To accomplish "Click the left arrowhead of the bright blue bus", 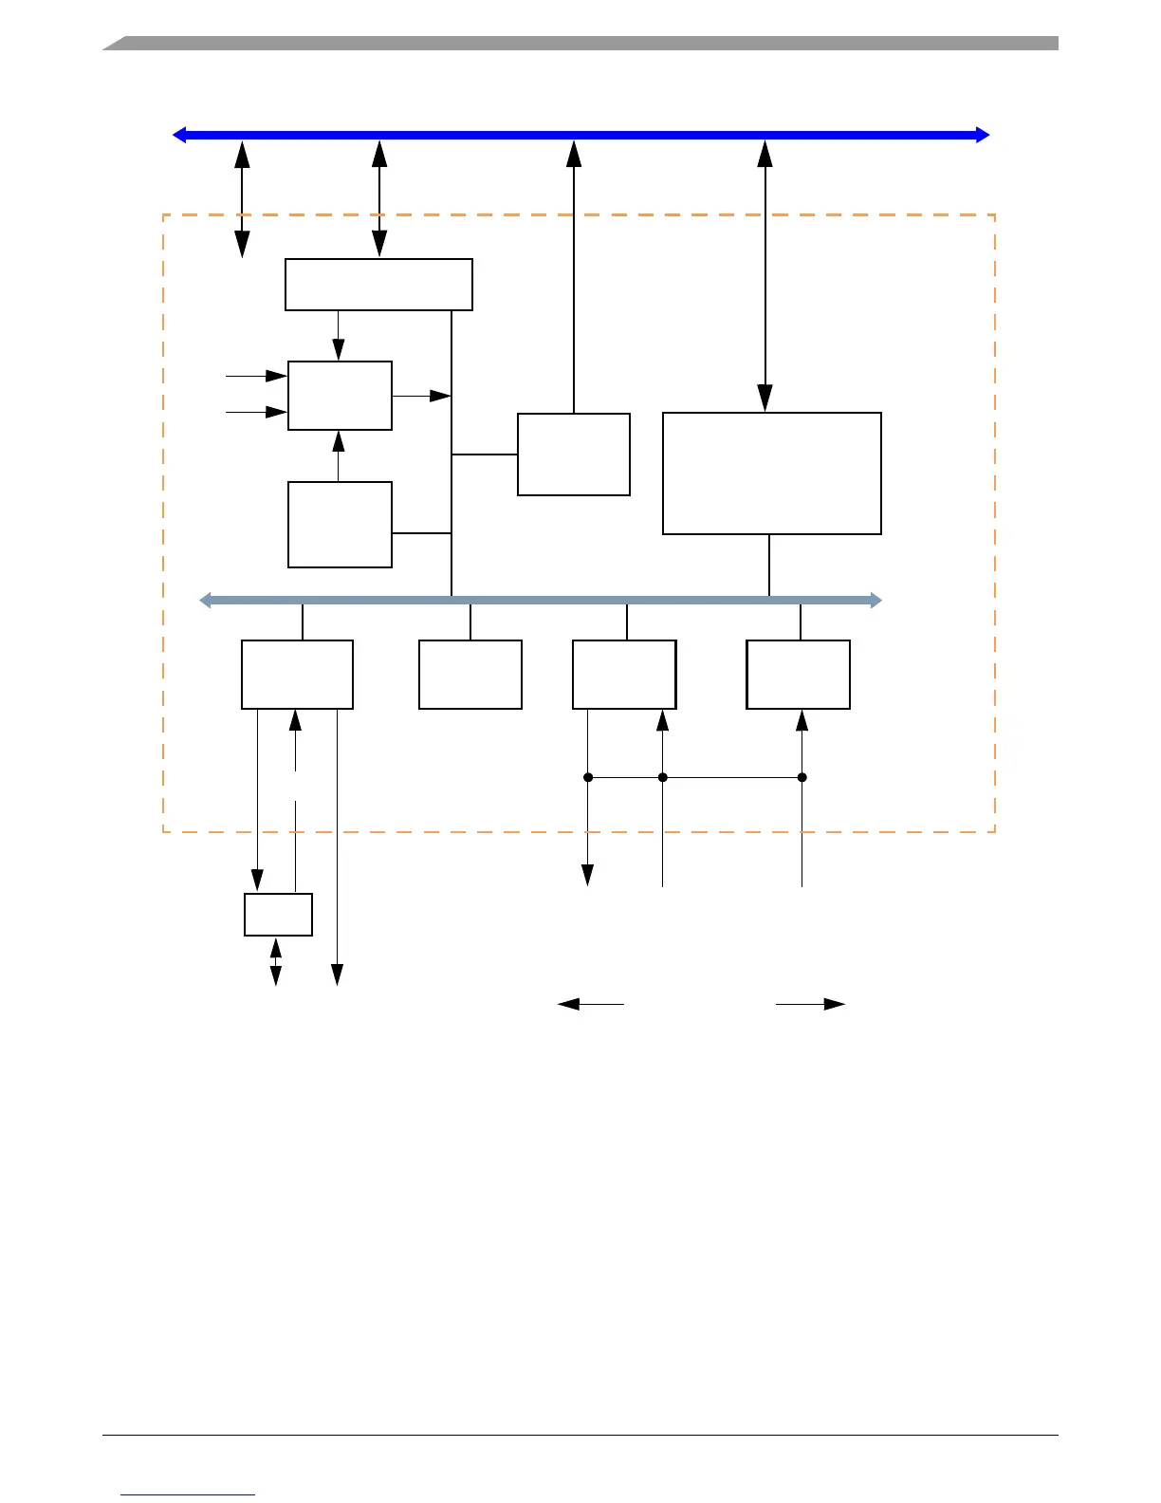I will tap(178, 135).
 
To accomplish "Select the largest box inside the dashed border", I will tap(771, 473).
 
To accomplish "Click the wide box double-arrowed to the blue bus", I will tap(378, 285).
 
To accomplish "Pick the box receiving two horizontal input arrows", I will tap(340, 396).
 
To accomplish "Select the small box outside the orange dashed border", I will tap(278, 915).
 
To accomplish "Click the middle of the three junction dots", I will tap(663, 777).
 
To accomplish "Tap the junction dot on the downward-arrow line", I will tap(588, 777).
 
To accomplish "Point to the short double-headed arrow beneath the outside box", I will tap(276, 962).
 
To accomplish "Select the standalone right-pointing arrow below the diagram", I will tap(811, 1004).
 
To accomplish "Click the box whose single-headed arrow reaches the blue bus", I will tap(573, 455).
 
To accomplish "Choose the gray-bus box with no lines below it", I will tap(470, 675).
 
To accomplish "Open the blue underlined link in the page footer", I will tap(188, 1494).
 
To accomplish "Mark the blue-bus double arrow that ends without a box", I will tap(242, 199).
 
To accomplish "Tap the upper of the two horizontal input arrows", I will tap(256, 376).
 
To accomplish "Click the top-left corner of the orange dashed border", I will tap(164, 215).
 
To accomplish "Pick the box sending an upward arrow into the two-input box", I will tap(340, 525).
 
